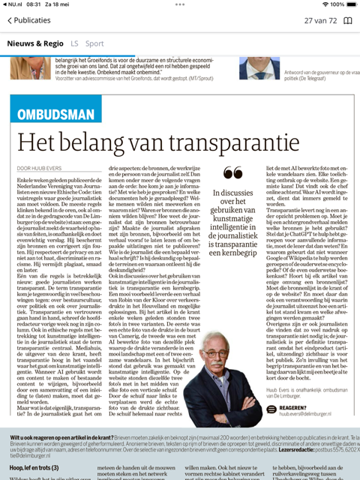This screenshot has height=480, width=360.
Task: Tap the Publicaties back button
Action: pos(28,20)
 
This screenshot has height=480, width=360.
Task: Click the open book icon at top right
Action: pos(347,20)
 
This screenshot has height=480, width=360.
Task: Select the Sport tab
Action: pos(94,43)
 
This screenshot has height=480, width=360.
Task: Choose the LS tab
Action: pos(74,43)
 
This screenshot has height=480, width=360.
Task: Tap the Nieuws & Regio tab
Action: pos(35,43)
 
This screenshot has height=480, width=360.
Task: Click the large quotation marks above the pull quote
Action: pos(232,173)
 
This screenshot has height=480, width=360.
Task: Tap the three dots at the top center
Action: pos(180,4)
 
